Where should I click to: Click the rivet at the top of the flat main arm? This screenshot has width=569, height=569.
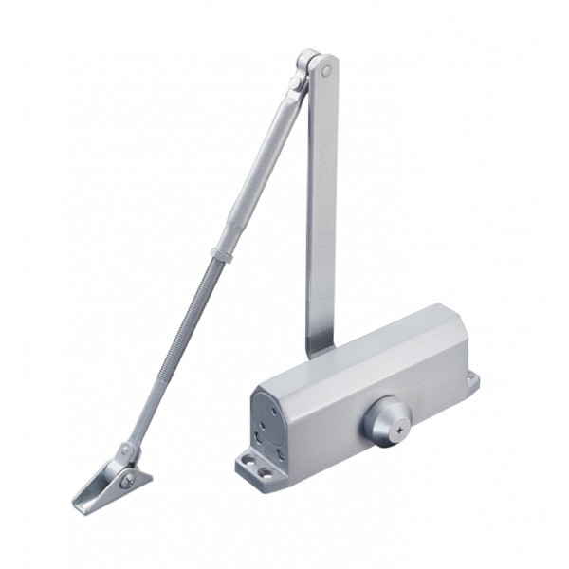pyautogui.click(x=326, y=69)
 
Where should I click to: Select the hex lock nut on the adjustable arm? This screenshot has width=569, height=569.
pyautogui.click(x=225, y=254)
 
